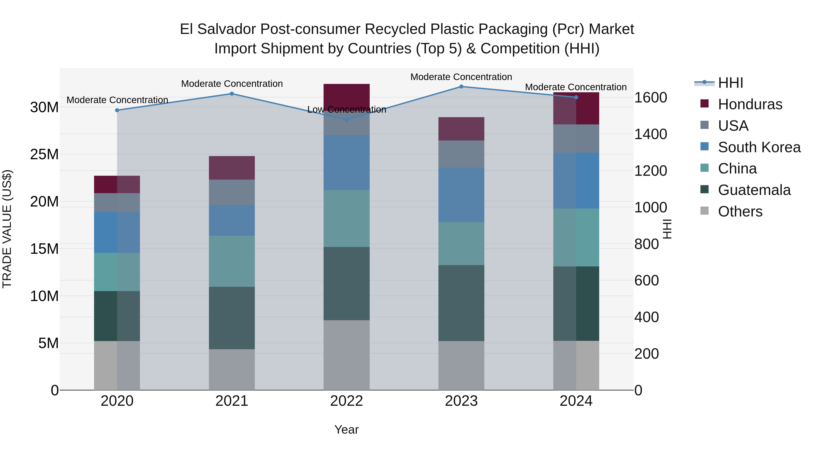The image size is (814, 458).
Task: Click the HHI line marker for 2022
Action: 346,119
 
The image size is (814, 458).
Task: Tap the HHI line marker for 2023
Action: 461,86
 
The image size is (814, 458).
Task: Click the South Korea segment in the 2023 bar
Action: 461,195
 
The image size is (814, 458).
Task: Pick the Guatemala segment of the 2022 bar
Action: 346,284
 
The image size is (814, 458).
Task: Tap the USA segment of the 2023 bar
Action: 461,154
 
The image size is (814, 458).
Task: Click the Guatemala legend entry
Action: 754,190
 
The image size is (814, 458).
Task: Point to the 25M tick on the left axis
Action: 44,154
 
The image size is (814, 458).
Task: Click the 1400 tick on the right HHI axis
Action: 651,134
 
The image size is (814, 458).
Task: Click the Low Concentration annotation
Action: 346,109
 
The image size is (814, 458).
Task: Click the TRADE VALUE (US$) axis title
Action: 7,229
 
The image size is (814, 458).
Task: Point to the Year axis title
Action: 346,430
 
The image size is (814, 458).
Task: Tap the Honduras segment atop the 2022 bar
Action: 346,96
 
